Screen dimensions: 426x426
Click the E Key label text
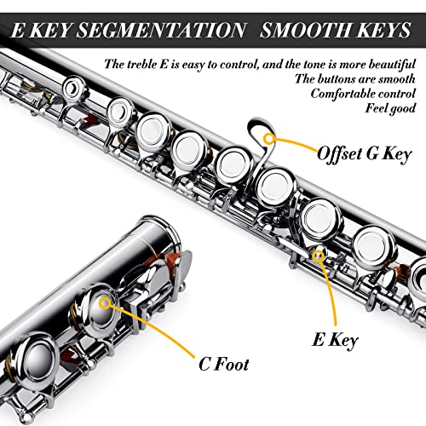pos(335,341)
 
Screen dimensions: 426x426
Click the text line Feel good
pos(391,109)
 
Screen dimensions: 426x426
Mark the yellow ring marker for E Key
pos(319,253)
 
